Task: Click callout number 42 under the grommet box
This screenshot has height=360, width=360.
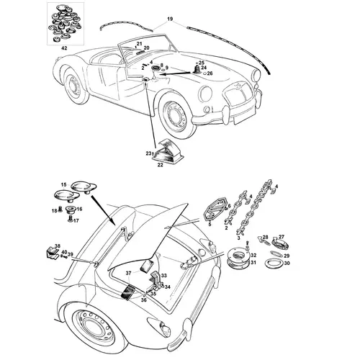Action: click(64, 48)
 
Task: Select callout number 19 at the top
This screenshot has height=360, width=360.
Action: click(170, 19)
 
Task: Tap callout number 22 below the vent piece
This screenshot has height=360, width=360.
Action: click(160, 165)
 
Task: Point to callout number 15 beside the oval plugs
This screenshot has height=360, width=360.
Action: click(63, 184)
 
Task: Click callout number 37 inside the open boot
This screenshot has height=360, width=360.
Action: click(129, 273)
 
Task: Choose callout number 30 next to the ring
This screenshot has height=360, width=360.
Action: click(287, 264)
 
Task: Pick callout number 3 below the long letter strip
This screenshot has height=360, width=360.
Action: click(239, 238)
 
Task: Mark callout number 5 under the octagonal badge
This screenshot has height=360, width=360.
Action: click(210, 225)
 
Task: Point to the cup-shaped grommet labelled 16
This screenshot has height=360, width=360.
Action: click(71, 210)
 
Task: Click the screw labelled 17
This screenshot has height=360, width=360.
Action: click(71, 219)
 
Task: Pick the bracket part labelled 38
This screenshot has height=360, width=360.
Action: click(51, 252)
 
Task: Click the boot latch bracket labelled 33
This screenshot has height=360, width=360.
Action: click(157, 279)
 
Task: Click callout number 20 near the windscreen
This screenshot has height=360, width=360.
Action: click(146, 48)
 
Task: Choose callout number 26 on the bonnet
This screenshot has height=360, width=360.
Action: click(210, 73)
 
